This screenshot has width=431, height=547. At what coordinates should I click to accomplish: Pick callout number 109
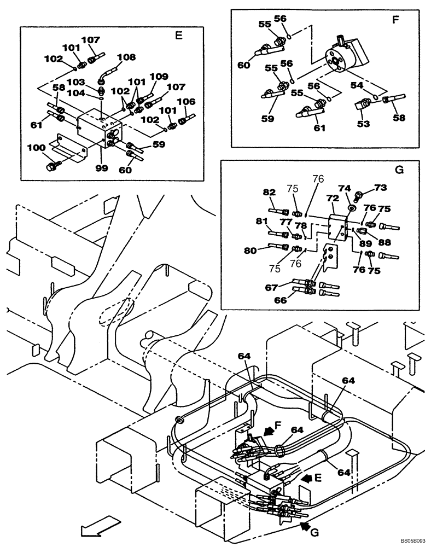point(159,77)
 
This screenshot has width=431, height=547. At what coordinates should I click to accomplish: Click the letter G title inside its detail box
point(399,170)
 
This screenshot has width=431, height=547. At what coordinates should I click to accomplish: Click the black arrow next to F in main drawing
point(269,432)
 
